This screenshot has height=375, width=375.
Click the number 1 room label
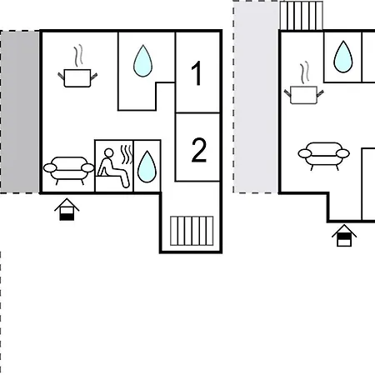pos(197,73)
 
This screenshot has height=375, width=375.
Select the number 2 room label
pos(199,150)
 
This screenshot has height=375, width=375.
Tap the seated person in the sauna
pos(113,169)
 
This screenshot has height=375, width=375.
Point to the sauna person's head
pos(108,152)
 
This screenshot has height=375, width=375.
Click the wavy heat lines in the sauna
pos(127,154)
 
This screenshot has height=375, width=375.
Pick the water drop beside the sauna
pos(147,167)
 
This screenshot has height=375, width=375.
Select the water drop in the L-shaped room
pos(142,61)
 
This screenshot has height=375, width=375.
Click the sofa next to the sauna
pos(68,170)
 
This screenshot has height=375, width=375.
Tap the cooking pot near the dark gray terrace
pos(77,78)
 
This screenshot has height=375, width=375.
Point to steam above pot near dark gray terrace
pos(78,56)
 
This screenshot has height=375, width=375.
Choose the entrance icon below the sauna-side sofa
pos(67,209)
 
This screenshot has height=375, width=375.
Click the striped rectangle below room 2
pos(192,231)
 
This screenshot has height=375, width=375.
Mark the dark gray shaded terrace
pos(19,112)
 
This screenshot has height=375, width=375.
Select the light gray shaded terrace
pos(256,97)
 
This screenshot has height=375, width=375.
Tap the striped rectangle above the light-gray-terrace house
pos(302,15)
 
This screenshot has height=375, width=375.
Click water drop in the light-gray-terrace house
pos(343,57)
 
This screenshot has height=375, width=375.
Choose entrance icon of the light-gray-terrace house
pos(344,235)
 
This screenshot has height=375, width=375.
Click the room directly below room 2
pos(192,217)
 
